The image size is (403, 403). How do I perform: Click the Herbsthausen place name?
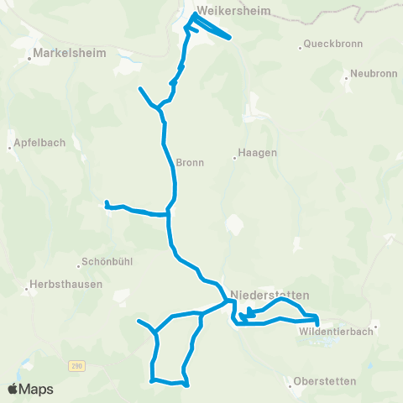click(65, 284)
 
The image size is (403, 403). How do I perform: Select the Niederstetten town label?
click(270, 295)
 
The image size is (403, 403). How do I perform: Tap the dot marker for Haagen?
click(236, 154)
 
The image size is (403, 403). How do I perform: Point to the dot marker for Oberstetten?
click(291, 386)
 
